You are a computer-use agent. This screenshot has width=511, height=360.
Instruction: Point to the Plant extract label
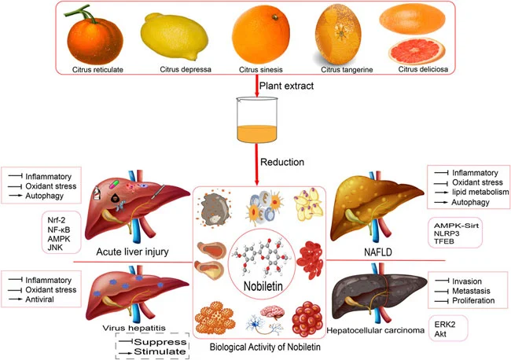[290, 84]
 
